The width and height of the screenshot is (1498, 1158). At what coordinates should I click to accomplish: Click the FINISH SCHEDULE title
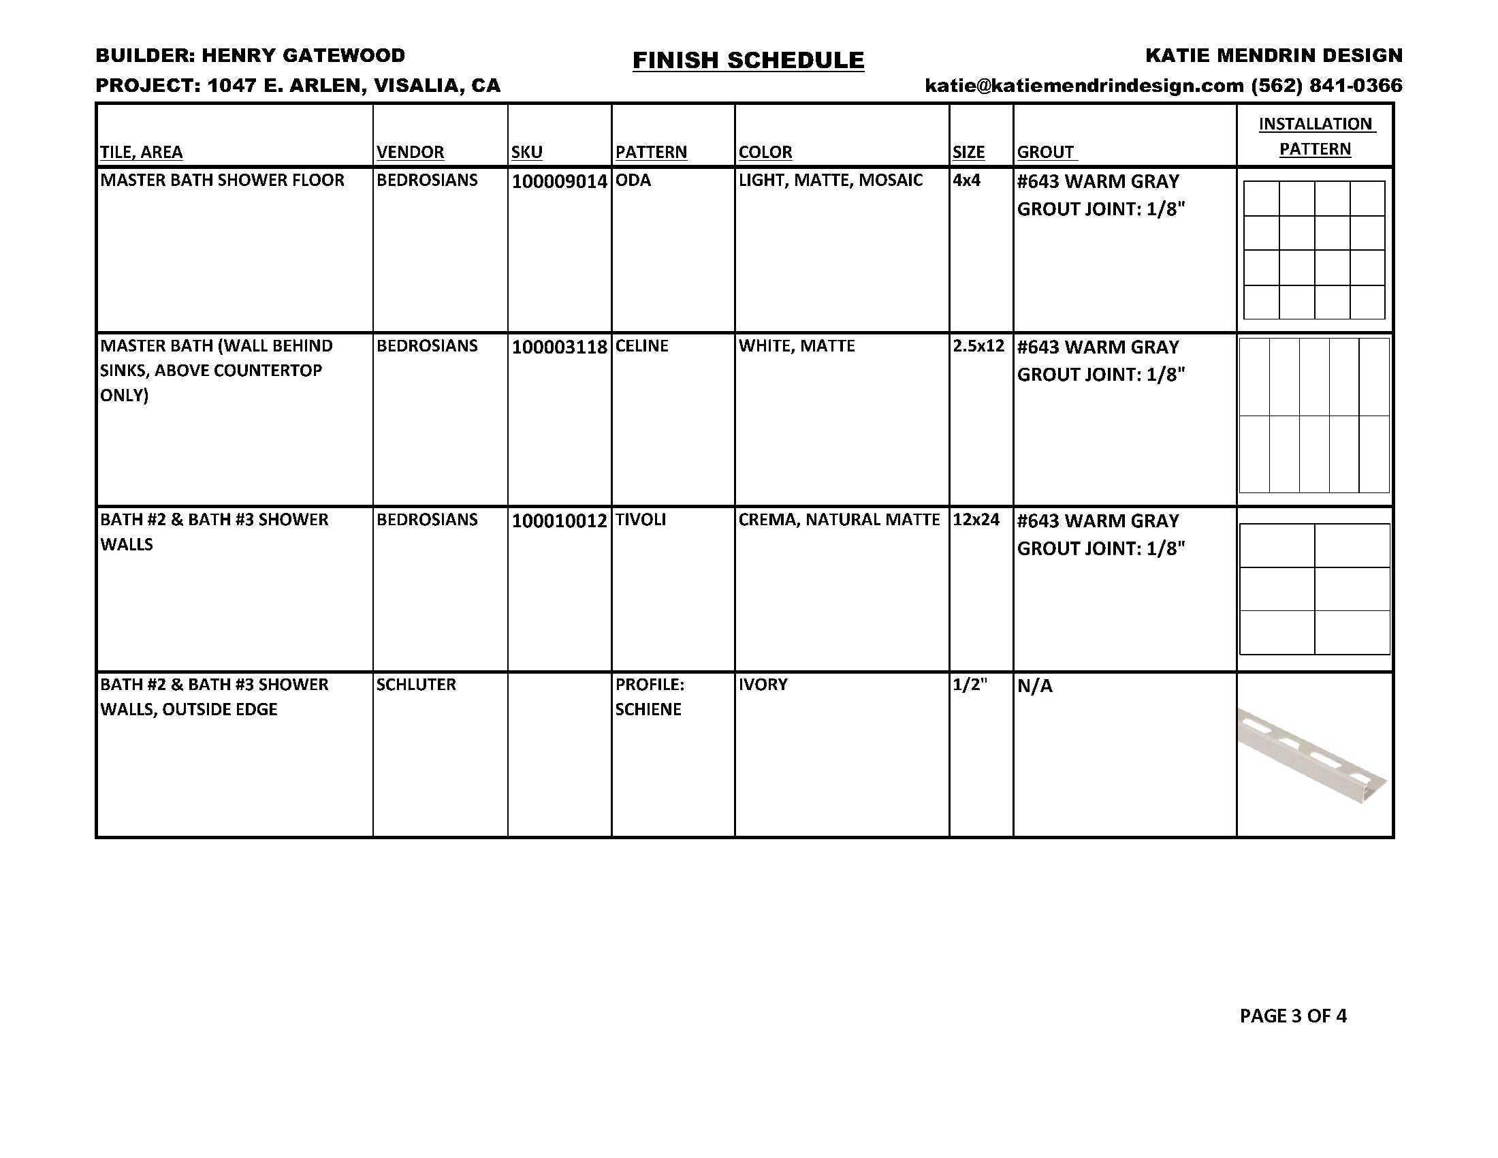[748, 61]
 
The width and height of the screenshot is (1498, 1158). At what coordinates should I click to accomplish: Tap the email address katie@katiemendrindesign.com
[1084, 86]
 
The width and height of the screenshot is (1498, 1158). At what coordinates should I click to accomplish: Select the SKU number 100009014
[559, 182]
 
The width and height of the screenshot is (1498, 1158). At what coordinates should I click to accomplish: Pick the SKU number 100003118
[559, 347]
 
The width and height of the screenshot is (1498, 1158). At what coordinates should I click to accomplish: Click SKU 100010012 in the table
[559, 521]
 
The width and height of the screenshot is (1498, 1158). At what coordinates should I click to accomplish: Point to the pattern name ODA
[633, 181]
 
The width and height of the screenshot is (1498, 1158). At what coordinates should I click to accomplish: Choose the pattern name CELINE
[641, 346]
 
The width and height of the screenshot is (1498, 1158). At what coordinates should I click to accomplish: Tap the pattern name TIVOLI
[640, 520]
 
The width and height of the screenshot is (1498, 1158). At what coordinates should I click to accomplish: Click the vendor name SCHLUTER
[415, 685]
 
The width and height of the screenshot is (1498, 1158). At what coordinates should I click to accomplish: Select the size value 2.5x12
[978, 346]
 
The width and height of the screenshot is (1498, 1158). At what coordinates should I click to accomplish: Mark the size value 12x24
[976, 520]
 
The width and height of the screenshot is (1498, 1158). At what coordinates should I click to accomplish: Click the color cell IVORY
[763, 685]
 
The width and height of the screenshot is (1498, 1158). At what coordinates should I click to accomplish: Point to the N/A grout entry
[1034, 686]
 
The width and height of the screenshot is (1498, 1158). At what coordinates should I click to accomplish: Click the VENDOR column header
[410, 153]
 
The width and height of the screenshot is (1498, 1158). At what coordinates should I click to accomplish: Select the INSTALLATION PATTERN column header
[1315, 136]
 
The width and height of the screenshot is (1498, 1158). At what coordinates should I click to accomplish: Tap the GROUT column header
[1045, 153]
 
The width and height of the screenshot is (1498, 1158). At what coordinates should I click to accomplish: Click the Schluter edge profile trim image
[1311, 755]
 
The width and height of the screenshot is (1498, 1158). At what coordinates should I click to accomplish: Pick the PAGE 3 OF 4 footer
[1293, 1016]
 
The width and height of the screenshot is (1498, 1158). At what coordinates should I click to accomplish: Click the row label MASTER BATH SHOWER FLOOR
[222, 181]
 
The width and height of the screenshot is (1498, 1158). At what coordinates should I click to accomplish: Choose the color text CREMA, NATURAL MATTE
[839, 520]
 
